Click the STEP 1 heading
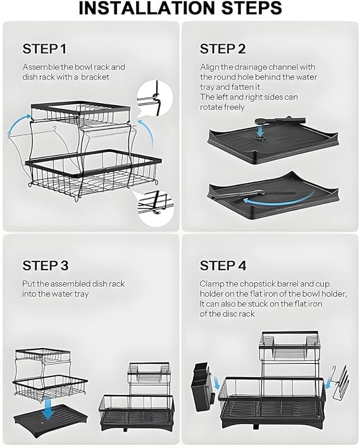[44, 49]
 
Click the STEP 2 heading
[223, 49]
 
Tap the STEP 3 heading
[46, 265]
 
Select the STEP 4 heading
[223, 265]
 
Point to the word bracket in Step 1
[95, 77]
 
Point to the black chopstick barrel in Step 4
[201, 388]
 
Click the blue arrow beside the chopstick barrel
[217, 383]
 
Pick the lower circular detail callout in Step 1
[155, 208]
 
